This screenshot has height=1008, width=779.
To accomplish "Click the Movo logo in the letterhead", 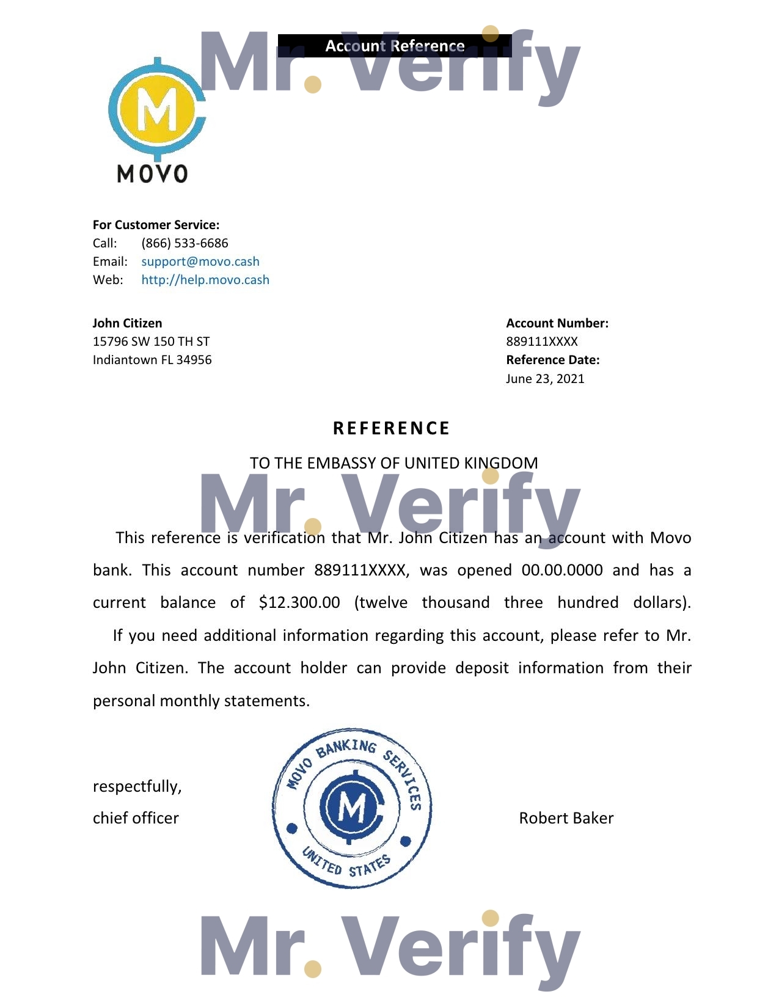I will (x=156, y=121).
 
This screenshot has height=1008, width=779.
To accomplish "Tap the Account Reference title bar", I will (x=395, y=46).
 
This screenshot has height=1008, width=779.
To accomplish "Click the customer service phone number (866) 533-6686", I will (x=185, y=243).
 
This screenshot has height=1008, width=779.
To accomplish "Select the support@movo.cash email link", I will (x=200, y=261).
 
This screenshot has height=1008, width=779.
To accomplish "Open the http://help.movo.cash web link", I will (x=205, y=280).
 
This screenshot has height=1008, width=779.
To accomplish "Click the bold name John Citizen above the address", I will (x=127, y=323).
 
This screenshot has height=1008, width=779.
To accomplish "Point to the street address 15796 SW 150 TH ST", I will (x=151, y=341).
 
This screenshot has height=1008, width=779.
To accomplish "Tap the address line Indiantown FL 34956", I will (x=152, y=360).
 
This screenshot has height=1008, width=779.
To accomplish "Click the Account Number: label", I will (x=557, y=323).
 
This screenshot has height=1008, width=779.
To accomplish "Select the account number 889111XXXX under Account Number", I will (x=542, y=341).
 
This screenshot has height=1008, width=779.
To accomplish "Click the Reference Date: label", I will (x=553, y=360).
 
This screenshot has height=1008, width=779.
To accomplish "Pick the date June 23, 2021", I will (x=545, y=379).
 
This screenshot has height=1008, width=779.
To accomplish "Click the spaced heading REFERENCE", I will (x=392, y=428).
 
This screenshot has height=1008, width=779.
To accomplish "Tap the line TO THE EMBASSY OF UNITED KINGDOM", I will (x=394, y=463).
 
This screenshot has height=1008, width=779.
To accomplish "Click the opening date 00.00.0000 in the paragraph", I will (x=562, y=570).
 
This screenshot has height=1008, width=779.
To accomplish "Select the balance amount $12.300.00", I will (x=299, y=602).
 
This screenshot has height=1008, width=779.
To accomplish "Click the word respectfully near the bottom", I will (x=137, y=786).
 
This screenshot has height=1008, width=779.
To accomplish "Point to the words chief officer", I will (x=136, y=818).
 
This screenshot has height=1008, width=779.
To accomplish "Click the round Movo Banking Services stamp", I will (x=352, y=808).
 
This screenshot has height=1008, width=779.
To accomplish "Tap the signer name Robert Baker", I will (x=566, y=818).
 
